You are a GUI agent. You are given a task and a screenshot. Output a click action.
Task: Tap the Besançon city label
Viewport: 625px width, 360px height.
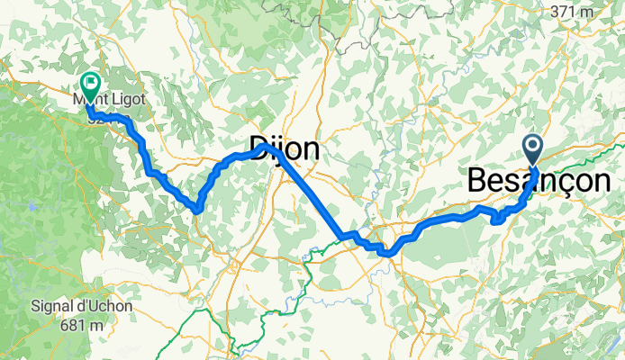pos(539,181)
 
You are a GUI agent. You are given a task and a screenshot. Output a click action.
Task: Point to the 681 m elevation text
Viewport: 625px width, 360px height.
pos(82,324)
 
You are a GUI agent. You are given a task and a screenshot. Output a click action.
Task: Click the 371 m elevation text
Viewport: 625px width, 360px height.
pos(573,12)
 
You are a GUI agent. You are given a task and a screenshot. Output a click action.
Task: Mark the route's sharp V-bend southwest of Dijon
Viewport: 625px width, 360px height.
pos(195,210)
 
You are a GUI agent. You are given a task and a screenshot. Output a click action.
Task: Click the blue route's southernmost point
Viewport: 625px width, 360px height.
pos(386,253)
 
